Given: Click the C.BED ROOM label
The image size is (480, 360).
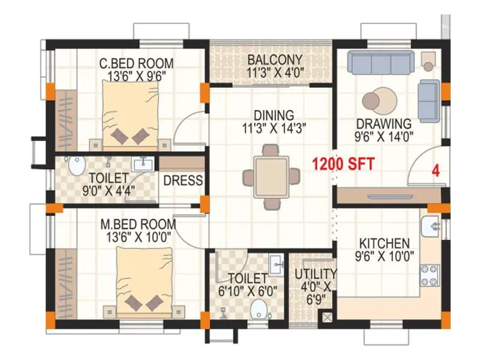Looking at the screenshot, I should [x=136, y=63].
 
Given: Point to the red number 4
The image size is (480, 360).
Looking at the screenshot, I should [x=436, y=170].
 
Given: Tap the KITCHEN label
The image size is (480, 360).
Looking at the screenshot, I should [x=384, y=244].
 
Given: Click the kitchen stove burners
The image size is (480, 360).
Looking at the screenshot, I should [x=430, y=275].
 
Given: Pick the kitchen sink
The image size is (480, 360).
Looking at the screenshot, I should [x=431, y=226].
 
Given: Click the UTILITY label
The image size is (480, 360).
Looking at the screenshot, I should [x=311, y=274].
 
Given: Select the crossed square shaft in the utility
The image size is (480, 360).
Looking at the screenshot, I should [x=328, y=317].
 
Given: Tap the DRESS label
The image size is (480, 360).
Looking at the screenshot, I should [x=182, y=181].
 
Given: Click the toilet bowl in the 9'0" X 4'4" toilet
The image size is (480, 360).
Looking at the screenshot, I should [x=76, y=166].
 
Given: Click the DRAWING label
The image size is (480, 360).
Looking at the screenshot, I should [x=384, y=124].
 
